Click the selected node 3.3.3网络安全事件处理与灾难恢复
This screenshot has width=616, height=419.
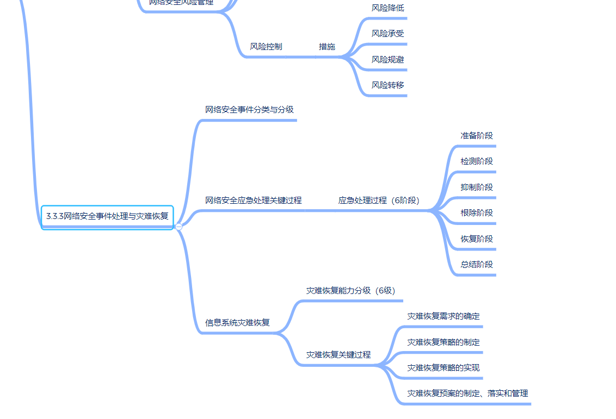[107, 216]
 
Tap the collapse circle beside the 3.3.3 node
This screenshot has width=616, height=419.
[178, 227]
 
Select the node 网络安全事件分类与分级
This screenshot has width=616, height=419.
[249, 110]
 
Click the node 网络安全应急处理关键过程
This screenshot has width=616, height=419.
[253, 201]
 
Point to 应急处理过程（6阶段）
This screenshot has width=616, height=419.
[379, 201]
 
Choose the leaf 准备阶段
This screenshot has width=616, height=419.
[477, 136]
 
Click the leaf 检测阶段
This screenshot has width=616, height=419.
[477, 161]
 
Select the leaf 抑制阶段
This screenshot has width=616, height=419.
[477, 187]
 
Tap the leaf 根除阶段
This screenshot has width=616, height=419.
[477, 213]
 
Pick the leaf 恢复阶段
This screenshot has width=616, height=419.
[477, 239]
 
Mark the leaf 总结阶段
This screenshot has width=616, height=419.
[477, 265]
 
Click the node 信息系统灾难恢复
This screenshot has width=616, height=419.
[237, 323]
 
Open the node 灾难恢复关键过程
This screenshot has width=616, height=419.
[338, 355]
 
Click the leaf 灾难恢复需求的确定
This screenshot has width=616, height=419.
[443, 316]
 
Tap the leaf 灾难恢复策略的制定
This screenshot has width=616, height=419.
[443, 342]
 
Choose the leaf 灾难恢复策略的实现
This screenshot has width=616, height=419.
[443, 368]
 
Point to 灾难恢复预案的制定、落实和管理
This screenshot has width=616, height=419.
[467, 393]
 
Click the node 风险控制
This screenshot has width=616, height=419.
[266, 47]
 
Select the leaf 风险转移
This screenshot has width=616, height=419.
[388, 85]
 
